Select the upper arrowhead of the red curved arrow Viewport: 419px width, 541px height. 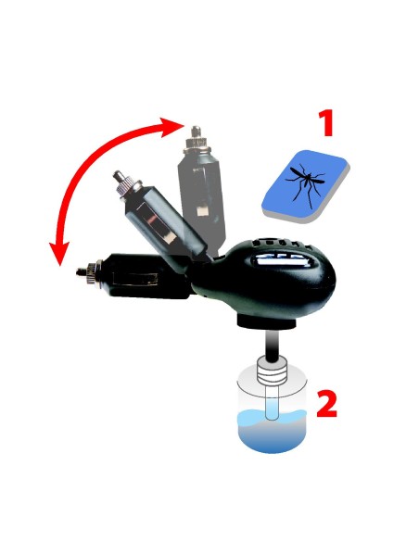pyautogui.click(x=174, y=123)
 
